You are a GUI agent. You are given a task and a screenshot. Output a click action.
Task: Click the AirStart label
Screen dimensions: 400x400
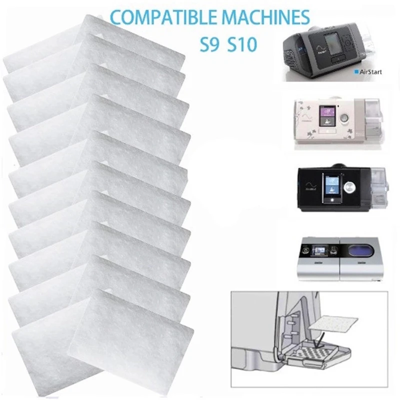(x=370, y=72)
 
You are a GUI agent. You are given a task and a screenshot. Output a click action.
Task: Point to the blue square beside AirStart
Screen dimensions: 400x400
(x=355, y=72)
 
